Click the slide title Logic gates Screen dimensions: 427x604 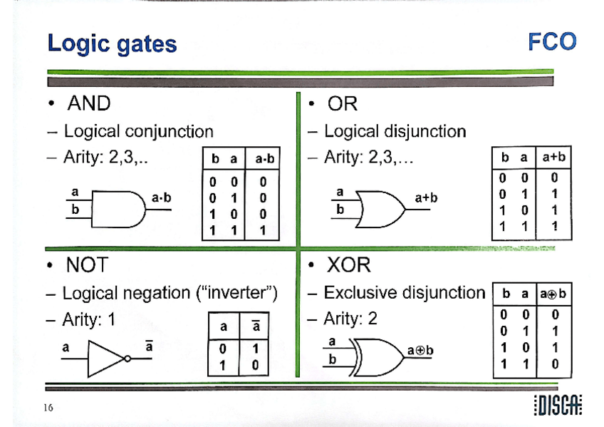[x=112, y=43]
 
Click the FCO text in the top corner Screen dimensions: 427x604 [x=551, y=41]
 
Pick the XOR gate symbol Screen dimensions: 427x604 [x=373, y=353]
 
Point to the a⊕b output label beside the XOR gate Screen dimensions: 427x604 [x=420, y=351]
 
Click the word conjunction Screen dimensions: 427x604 [x=168, y=131]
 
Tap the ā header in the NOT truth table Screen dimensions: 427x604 [x=254, y=327]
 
